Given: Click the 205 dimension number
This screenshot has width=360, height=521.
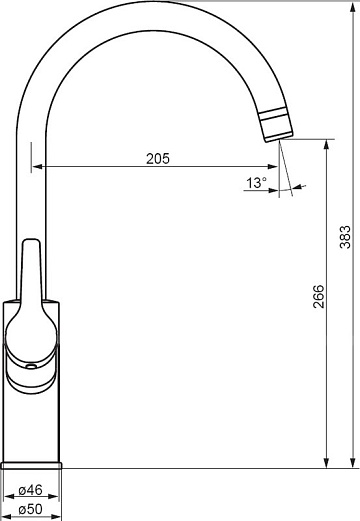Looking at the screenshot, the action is [158, 158].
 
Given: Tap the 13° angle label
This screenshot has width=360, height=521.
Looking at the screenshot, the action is [256, 183].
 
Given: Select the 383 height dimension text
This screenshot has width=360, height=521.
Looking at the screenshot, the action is [345, 237].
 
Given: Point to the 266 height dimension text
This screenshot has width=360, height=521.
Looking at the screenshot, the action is [318, 296].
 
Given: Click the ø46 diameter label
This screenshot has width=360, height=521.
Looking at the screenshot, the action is [31, 490].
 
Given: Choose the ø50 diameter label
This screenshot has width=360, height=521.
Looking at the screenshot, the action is [31, 509].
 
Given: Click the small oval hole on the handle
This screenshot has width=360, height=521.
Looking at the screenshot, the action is [31, 367].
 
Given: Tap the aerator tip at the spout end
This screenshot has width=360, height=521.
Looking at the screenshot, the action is [275, 126].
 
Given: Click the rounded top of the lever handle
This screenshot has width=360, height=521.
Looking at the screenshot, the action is [31, 241].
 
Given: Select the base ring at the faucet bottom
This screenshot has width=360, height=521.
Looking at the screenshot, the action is [31, 465].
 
